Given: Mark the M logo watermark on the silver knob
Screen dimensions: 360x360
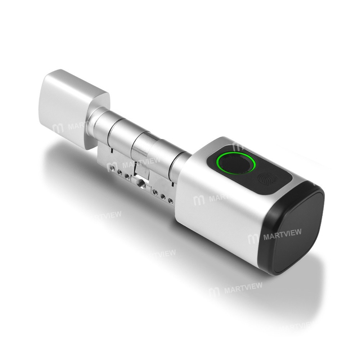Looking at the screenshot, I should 58,128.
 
